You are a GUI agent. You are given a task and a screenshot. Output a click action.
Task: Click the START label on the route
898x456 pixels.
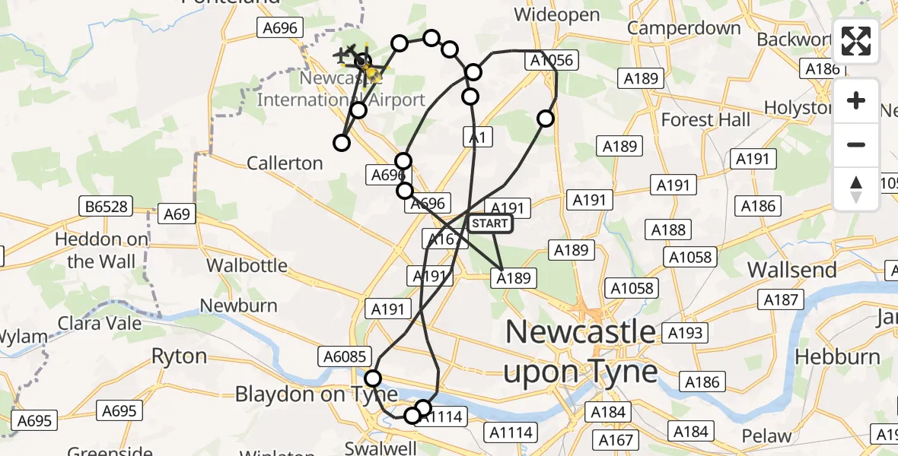(489, 223)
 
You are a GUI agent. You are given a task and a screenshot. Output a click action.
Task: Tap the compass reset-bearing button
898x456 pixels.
(856, 188)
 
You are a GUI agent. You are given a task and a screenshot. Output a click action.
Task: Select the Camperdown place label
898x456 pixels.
(684, 28)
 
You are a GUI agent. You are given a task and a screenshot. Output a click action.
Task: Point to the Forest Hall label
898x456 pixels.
(705, 119)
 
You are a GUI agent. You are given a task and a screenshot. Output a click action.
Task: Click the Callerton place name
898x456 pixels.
(285, 163)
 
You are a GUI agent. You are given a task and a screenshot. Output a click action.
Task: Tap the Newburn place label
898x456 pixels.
(238, 306)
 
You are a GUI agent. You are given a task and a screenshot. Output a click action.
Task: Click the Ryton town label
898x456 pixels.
(179, 356)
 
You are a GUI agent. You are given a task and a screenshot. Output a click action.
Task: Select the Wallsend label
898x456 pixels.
(792, 270)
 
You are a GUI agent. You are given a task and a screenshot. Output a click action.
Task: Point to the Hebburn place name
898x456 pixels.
(837, 356)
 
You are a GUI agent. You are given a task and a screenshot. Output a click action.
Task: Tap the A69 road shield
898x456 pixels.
(177, 214)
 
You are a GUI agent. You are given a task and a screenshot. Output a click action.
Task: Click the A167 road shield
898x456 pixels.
(616, 440)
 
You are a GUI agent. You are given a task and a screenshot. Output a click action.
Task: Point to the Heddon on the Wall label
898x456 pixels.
(101, 250)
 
